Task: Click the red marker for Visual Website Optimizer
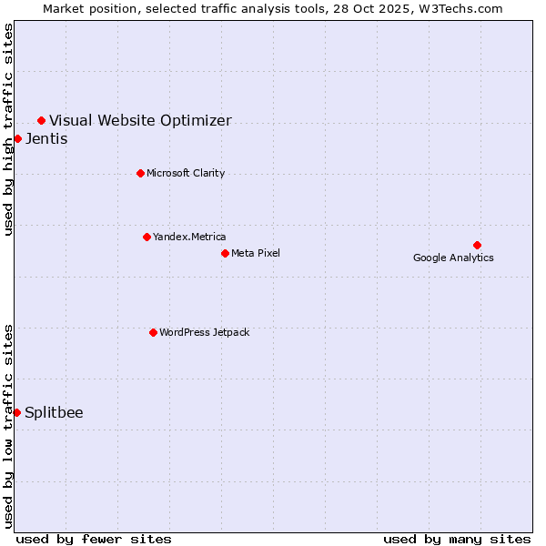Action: (41, 120)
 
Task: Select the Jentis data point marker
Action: (17, 138)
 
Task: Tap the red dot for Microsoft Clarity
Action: (140, 173)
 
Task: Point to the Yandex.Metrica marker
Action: (147, 237)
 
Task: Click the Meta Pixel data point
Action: (225, 253)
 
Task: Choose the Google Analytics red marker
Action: (477, 245)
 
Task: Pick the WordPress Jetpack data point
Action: (153, 332)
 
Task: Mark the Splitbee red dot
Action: (16, 412)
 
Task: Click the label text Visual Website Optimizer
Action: (140, 120)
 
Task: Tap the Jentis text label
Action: (46, 139)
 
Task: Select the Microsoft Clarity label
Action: (186, 173)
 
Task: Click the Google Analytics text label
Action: (453, 258)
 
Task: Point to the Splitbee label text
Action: (54, 412)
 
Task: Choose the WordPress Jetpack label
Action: (204, 332)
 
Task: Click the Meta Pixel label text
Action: (256, 253)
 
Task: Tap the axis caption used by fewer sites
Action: (94, 539)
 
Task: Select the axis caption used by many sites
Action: (457, 539)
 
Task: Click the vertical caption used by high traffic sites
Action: (8, 129)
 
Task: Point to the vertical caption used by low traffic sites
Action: (8, 426)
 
